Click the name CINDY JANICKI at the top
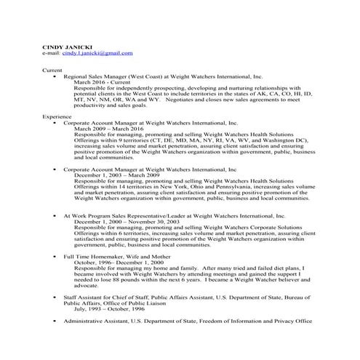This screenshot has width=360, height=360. [x=64, y=46]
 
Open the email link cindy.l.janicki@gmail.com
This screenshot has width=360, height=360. [x=97, y=53]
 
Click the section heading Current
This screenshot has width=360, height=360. [x=52, y=70]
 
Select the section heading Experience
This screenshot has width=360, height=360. [x=57, y=116]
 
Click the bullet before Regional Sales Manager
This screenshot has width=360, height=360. [x=55, y=76]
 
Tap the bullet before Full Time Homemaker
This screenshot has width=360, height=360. [x=55, y=257]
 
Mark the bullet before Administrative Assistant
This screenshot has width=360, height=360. [x=55, y=321]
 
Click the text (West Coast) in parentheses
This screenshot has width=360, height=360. [x=148, y=76]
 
